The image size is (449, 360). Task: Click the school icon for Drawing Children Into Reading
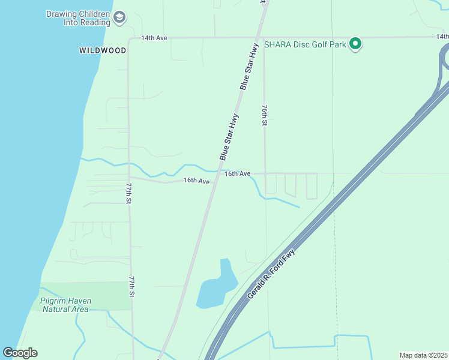click(x=119, y=17)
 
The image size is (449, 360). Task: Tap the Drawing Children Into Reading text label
click(x=78, y=18)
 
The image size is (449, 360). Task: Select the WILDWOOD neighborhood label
click(x=103, y=50)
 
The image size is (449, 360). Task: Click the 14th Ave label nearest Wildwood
click(x=154, y=38)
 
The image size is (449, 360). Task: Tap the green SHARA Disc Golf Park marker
click(x=355, y=43)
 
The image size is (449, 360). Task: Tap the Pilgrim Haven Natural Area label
click(x=64, y=305)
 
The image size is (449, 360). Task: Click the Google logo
click(x=20, y=353)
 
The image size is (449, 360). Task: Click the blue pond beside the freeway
click(x=215, y=288)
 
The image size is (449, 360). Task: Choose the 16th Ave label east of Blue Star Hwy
click(x=237, y=173)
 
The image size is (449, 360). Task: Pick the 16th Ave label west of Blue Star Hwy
click(x=196, y=181)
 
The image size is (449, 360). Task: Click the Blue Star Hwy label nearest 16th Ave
click(x=229, y=136)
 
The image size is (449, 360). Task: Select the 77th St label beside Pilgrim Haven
click(x=131, y=287)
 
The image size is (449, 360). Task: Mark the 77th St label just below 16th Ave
click(x=128, y=193)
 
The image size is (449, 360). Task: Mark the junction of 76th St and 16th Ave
click(x=265, y=173)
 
